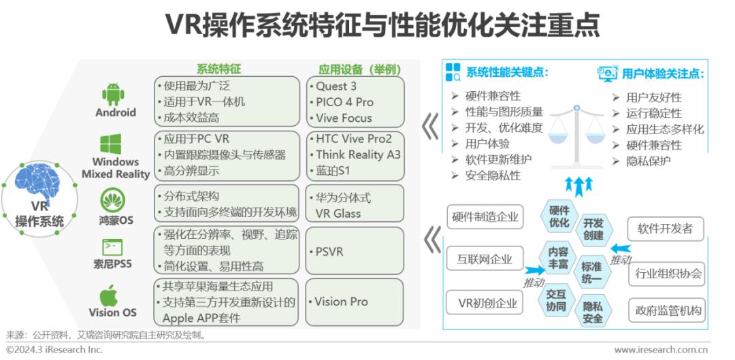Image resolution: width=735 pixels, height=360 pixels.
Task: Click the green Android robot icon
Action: click(113, 94)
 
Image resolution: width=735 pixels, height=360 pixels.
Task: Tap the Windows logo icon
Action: click(111, 144)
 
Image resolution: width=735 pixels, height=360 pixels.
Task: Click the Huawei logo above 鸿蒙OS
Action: click(112, 200)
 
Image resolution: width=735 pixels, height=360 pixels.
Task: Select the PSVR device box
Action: click(355, 251)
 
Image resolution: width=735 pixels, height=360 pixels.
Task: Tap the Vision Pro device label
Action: click(341, 301)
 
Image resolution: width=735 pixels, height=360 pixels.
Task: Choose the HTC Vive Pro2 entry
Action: click(353, 139)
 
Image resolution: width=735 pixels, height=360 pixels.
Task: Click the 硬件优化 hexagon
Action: click(559, 216)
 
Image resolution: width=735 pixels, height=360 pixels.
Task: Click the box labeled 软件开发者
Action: click(666, 229)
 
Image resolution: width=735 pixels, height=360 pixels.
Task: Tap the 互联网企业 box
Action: click(485, 259)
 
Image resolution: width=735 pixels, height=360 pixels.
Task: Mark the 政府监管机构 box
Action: click(666, 310)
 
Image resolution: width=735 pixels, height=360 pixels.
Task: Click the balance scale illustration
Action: click(576, 137)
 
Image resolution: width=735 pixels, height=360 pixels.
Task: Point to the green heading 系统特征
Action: click(218, 69)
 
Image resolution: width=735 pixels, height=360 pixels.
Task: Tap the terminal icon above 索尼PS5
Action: click(112, 247)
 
